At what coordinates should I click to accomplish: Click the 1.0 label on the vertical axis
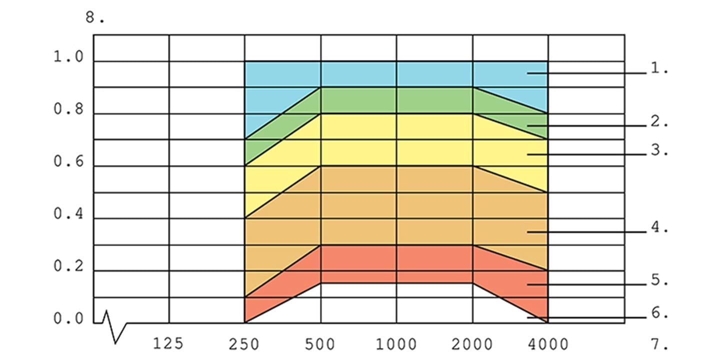coord(69,57)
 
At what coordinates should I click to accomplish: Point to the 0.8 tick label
coord(69,109)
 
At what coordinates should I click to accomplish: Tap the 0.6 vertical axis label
coord(69,162)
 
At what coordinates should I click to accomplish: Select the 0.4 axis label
coord(69,214)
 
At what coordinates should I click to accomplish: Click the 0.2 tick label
coord(69,267)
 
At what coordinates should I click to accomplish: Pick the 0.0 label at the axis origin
coord(69,319)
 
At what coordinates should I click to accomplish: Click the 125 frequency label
coord(168,343)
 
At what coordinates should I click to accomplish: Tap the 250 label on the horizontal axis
coord(244,343)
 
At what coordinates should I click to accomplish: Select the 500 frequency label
coord(320,343)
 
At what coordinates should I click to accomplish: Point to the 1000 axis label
coord(396,343)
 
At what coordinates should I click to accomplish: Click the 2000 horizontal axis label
coord(472,343)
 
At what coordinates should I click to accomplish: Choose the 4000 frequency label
coord(548,343)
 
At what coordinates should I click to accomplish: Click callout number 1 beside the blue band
coord(659,69)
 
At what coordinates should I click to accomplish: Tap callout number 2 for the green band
coord(659,122)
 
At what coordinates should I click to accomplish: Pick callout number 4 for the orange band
coord(659,227)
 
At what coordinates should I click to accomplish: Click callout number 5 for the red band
coord(659,280)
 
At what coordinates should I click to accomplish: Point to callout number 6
coord(659,314)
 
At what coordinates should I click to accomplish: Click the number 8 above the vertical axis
coord(95,18)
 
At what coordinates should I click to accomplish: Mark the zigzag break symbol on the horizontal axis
coord(114,327)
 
